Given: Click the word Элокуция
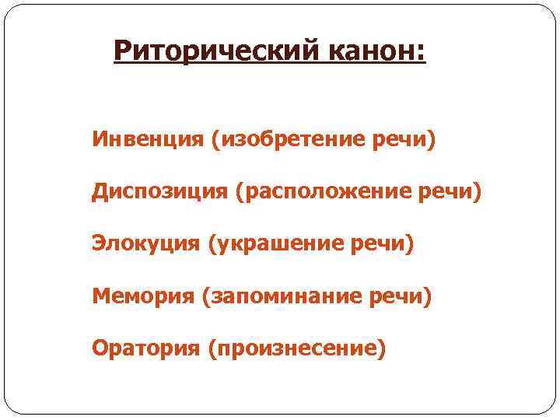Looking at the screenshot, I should (x=146, y=244).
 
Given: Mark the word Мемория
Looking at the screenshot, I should (x=143, y=296).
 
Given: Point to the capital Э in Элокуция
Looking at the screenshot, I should (x=99, y=244).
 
